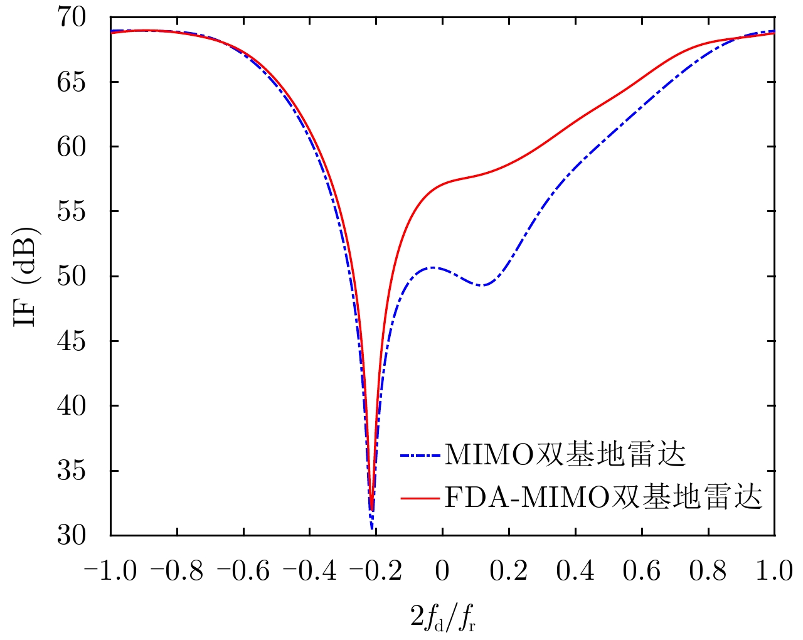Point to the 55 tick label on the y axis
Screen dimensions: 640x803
tap(70, 211)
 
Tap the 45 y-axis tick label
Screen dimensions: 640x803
tap(70, 341)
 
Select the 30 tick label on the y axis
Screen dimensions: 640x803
tap(70, 535)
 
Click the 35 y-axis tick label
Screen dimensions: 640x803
tap(70, 471)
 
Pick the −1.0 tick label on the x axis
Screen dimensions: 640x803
tap(110, 572)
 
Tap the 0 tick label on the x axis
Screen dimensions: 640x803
tap(442, 572)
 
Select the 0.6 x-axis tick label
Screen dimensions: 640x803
tap(642, 572)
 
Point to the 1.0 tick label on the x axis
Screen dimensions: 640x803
tap(774, 572)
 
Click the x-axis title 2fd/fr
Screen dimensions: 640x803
tap(442, 618)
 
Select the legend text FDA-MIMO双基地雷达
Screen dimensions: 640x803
tap(603, 498)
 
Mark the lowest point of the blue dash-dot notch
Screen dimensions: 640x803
tap(372, 528)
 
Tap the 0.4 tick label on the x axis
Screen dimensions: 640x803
tap(575, 572)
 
